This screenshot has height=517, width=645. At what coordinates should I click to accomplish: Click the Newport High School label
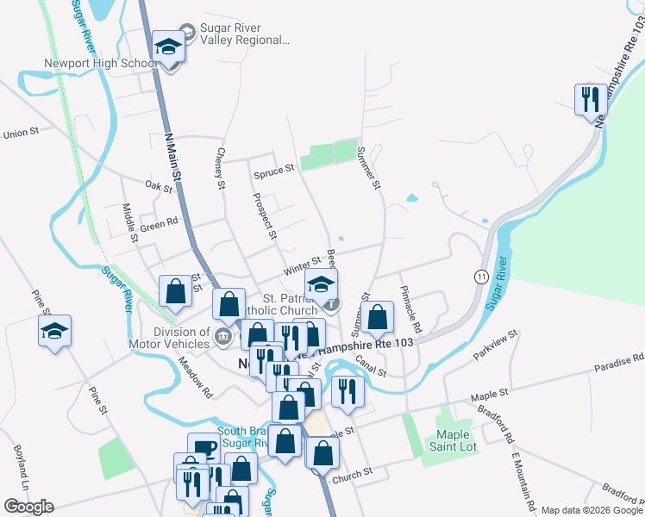100,63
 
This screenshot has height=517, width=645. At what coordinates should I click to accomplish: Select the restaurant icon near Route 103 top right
589,99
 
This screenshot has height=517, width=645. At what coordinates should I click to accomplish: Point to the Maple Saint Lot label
456,440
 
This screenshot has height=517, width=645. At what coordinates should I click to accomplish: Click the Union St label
22,133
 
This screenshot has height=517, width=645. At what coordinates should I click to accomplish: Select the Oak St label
160,185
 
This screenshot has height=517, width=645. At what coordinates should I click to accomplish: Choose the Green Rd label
159,222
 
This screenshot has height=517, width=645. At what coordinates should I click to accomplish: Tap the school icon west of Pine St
54,332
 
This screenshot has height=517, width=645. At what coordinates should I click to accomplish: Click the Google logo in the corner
28,506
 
